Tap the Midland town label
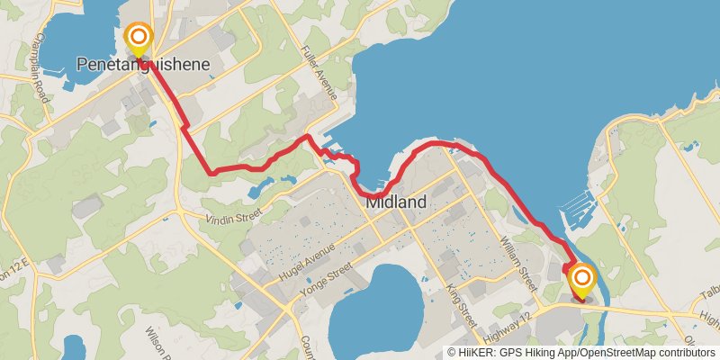pos(396,202)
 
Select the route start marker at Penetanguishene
pos(139,39)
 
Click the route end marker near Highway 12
pos(581,281)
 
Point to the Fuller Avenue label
pos(320,71)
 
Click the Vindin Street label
pos(232,216)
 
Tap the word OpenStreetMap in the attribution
pos(621,353)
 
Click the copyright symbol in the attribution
pos(452,353)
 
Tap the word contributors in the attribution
pos(689,353)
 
